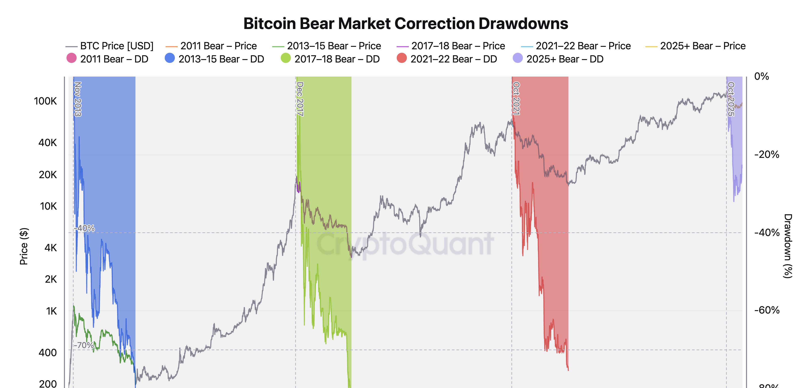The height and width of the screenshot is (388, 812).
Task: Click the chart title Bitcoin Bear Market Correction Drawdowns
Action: coord(405,24)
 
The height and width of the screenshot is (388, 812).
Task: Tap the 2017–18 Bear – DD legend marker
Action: coord(286,58)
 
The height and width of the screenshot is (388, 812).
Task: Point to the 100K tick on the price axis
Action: coord(45,101)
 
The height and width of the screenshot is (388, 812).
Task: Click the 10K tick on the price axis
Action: coord(48,206)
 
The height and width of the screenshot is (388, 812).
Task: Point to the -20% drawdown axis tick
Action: coord(766,154)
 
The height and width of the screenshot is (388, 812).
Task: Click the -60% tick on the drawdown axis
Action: coord(766,310)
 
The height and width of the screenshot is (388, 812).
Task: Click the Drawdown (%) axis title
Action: coord(788,246)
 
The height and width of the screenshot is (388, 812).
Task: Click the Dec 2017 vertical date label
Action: coord(300,99)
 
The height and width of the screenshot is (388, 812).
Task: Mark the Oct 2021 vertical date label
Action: coord(516,98)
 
